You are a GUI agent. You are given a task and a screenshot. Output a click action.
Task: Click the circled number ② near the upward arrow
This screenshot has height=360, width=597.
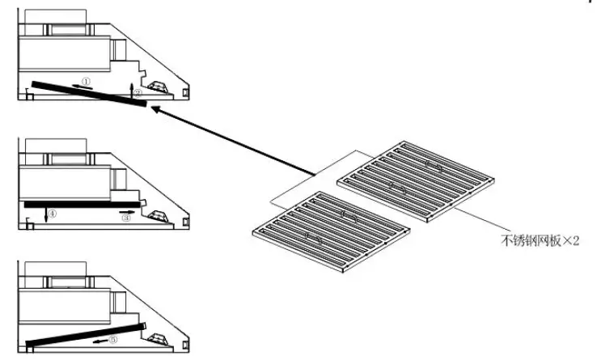pos(138,93)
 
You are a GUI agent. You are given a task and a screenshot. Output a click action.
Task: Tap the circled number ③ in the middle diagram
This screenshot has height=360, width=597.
pos(126,218)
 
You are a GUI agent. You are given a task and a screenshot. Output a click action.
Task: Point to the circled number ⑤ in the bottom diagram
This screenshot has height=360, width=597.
pos(113,340)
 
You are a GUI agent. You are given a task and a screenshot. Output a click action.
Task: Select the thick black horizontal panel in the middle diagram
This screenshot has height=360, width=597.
pos(81,205)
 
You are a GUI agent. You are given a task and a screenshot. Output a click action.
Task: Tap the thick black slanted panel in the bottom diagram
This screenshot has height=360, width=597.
pos(85,334)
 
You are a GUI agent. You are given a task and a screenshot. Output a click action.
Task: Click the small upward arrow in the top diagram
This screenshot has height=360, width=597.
pos(132,87)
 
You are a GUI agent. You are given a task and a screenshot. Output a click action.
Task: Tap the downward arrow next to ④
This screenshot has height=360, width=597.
pos(45,215)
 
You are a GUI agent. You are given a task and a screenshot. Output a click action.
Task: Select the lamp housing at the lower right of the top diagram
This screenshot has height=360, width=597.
pos(157,84)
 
